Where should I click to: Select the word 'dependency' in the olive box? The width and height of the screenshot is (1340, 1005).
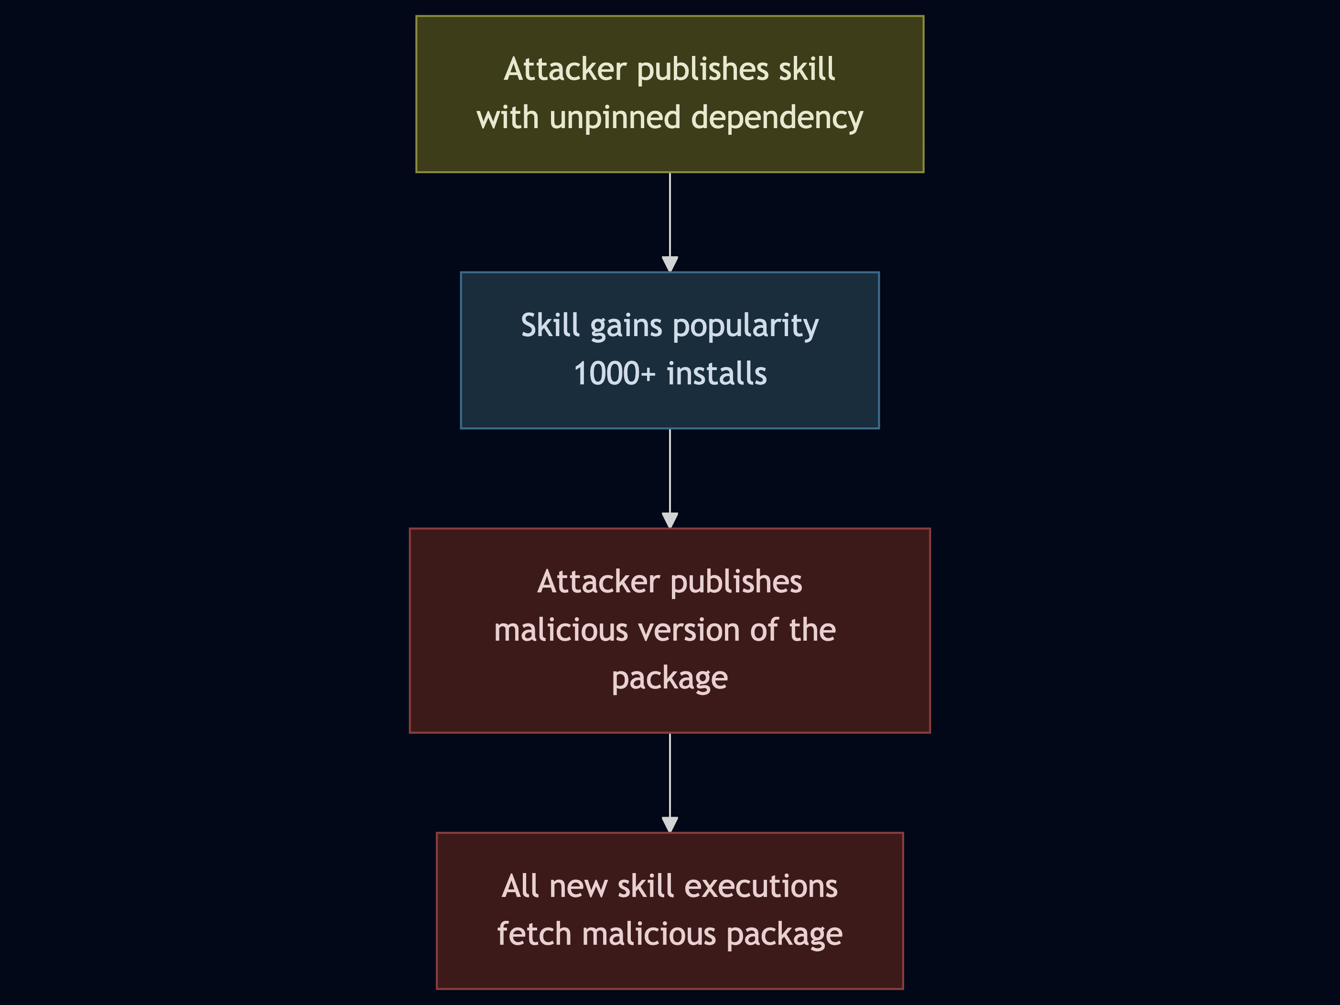777,118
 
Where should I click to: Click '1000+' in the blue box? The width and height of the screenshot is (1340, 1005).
614,373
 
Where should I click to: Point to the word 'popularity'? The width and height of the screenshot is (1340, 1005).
745,326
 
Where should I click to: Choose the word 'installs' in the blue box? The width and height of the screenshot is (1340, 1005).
717,373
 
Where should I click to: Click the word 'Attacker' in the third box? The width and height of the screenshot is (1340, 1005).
598,582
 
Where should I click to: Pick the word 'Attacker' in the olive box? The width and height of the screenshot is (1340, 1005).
565,69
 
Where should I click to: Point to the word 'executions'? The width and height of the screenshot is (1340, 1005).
761,886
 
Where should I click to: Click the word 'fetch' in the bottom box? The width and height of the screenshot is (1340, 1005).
534,934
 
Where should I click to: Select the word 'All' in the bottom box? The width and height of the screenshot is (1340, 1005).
520,886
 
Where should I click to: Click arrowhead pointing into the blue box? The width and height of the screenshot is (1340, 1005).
670,264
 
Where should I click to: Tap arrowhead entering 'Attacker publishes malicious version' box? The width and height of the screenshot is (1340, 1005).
670,520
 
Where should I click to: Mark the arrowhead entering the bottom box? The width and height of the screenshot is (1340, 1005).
670,824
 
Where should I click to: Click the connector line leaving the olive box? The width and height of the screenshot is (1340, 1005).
670,212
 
